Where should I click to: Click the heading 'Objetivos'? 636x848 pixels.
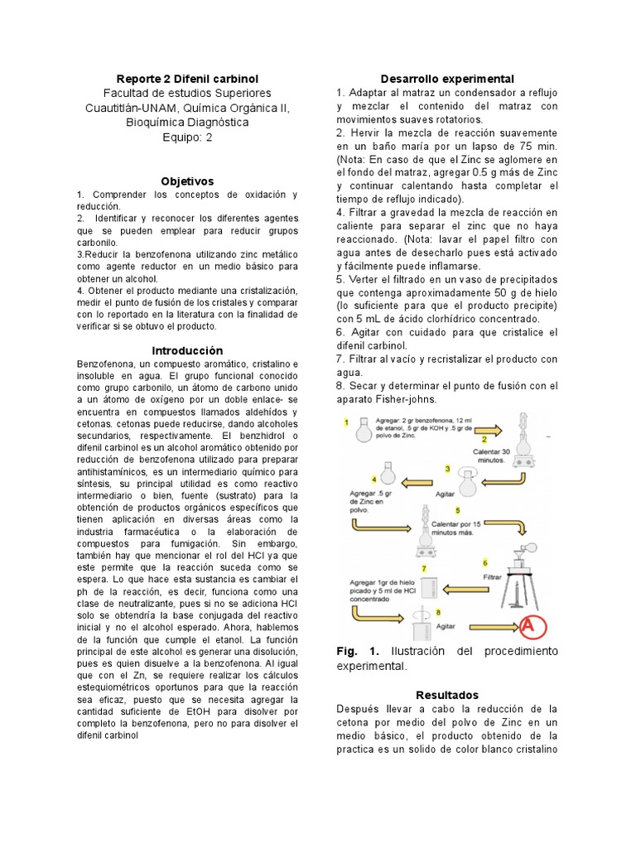(x=186, y=181)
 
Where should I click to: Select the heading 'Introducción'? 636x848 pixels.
(x=186, y=350)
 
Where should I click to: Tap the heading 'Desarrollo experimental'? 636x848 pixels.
(x=447, y=78)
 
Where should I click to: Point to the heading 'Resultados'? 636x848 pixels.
(x=447, y=695)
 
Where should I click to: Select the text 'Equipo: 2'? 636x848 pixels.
(x=186, y=137)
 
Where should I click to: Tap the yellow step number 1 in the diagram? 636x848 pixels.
(x=345, y=422)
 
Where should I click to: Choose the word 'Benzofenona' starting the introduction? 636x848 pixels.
(x=108, y=364)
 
